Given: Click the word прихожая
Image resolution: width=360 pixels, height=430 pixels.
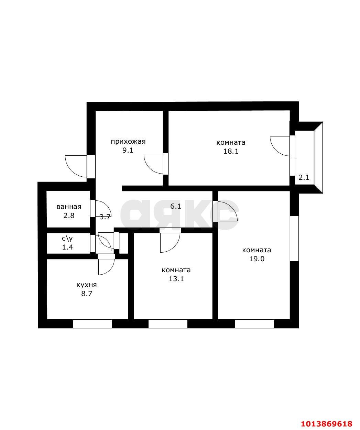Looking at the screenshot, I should click(128, 141).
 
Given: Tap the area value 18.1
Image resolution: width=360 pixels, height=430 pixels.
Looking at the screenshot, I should click(231, 151).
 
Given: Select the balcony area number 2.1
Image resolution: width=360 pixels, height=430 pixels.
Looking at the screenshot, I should click(304, 178).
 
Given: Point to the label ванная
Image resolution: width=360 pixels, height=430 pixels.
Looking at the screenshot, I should click(69, 207).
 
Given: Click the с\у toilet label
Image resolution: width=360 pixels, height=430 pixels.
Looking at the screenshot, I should click(67, 238).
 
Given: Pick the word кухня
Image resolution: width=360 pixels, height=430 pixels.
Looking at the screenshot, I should click(86, 285).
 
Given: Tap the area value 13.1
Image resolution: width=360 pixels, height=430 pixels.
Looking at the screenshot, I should click(176, 279).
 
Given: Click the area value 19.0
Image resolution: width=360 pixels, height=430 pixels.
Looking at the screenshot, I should click(257, 259).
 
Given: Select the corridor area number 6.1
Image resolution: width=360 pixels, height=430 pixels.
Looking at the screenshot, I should click(175, 206).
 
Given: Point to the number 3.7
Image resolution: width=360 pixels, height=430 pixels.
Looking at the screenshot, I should click(105, 217).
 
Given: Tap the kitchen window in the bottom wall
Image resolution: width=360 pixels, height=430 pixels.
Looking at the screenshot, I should click(92, 323).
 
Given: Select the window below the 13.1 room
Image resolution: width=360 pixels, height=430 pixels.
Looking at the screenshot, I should click(168, 323).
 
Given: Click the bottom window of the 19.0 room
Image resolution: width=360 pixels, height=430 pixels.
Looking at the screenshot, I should click(254, 323).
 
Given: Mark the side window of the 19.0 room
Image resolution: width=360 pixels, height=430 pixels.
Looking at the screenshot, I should click(294, 239).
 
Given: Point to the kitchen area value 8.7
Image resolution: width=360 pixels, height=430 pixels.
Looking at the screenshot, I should click(86, 294).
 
